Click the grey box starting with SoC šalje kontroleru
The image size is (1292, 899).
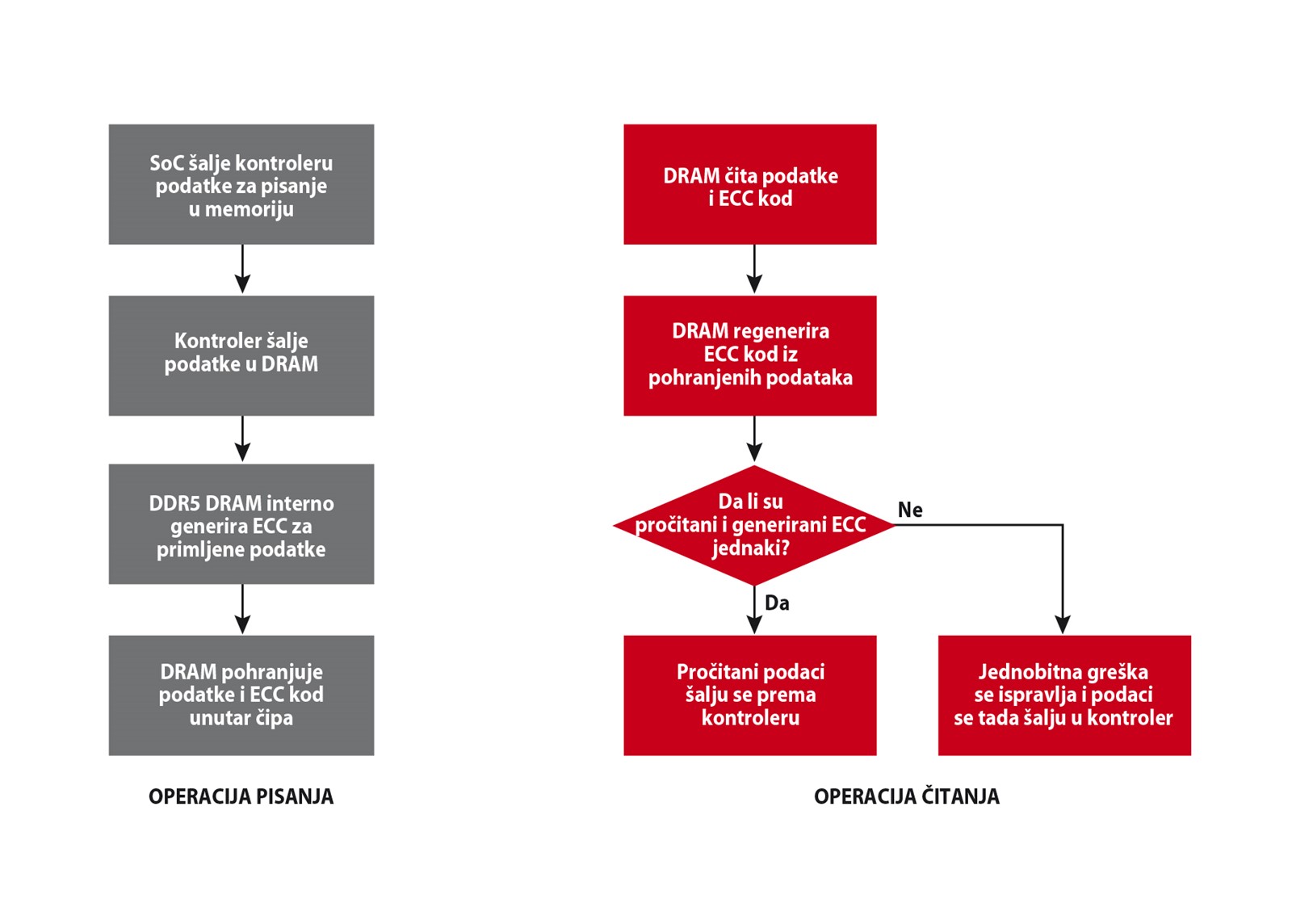tap(241, 184)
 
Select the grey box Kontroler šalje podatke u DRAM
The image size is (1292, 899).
tap(241, 355)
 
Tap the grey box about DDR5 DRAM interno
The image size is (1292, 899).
tap(241, 524)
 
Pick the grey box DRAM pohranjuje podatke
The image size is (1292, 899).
tap(241, 695)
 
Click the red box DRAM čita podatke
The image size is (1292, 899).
tap(750, 184)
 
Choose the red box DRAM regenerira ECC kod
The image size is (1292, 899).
tap(750, 355)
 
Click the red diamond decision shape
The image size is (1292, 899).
tap(754, 525)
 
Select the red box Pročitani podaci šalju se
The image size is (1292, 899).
tap(750, 695)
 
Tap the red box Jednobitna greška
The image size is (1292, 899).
tap(1064, 695)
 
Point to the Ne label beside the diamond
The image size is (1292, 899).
tap(910, 510)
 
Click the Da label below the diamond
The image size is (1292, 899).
tap(777, 603)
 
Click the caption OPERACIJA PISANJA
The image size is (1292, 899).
tap(241, 797)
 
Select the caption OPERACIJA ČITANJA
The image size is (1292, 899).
tap(907, 796)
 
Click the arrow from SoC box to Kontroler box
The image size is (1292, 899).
tap(242, 269)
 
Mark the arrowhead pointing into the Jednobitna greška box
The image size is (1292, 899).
tap(1063, 624)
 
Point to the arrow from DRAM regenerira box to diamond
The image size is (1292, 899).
tap(754, 439)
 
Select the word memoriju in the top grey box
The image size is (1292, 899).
tap(250, 209)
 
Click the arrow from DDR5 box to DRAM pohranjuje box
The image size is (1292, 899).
tap(242, 609)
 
